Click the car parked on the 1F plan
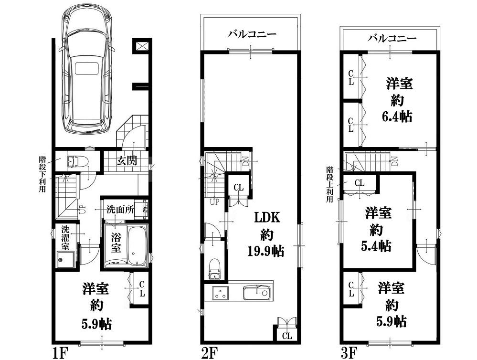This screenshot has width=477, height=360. click(87, 68)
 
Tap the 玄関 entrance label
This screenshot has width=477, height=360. click(127, 160)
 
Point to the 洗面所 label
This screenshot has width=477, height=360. click(120, 210)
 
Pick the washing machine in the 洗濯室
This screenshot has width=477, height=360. click(65, 260)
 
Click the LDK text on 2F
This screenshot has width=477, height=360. click(267, 218)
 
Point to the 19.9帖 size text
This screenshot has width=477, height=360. click(265, 251)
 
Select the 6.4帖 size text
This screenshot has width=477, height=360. click(397, 116)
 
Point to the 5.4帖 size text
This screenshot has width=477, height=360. click(376, 246)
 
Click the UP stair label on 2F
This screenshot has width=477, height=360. click(214, 202)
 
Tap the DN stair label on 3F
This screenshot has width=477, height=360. click(394, 161)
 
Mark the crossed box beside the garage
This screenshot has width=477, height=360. click(142, 46)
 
